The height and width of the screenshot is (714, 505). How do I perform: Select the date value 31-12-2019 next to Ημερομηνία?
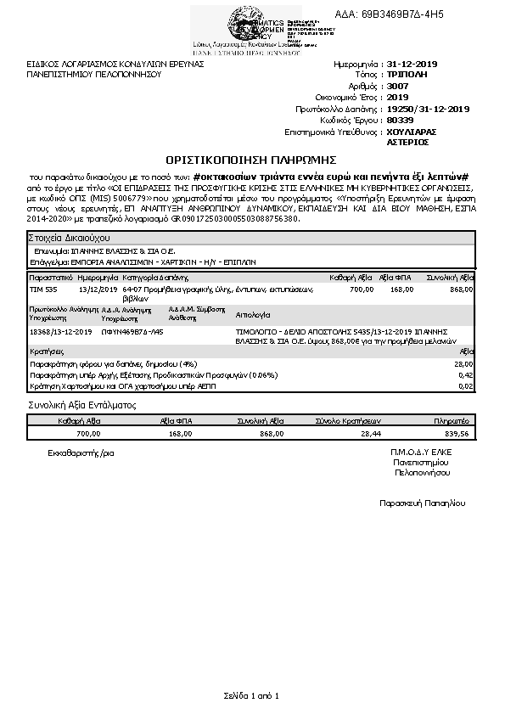point(412,64)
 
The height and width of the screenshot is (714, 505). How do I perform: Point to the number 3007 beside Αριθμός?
point(397,87)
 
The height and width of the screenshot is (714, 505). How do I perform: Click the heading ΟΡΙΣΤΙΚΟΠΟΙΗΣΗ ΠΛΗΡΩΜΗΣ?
point(251,159)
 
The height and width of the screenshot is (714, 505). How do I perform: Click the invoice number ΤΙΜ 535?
point(43,290)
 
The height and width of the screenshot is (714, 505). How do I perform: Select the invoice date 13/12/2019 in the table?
point(95,290)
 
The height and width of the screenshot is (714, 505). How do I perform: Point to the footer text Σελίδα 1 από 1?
point(251,696)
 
